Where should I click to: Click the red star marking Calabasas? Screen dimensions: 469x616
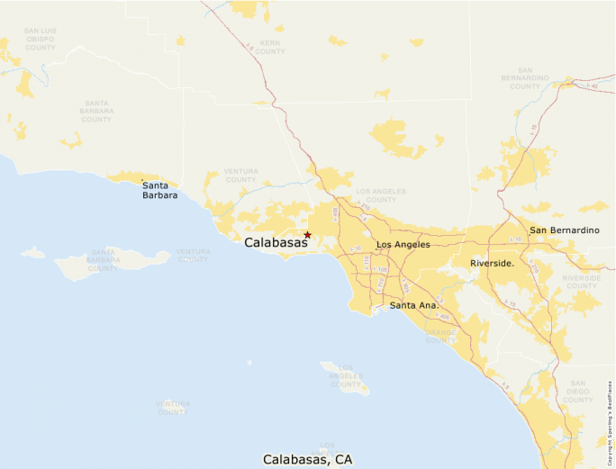[307, 234]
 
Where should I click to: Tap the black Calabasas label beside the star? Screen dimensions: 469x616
[276, 242]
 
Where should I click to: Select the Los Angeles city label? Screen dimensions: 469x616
[403, 245]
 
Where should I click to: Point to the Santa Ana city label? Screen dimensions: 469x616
[414, 306]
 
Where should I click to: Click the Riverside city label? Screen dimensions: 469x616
[492, 263]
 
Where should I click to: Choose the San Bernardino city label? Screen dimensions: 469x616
[564, 230]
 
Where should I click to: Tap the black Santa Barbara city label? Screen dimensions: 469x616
[159, 190]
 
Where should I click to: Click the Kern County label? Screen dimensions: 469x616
[270, 47]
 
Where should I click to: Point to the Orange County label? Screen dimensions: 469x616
[440, 335]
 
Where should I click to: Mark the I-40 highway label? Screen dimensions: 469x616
[592, 86]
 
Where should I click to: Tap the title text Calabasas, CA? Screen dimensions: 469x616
[307, 459]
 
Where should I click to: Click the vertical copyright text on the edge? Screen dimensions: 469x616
[610, 422]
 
